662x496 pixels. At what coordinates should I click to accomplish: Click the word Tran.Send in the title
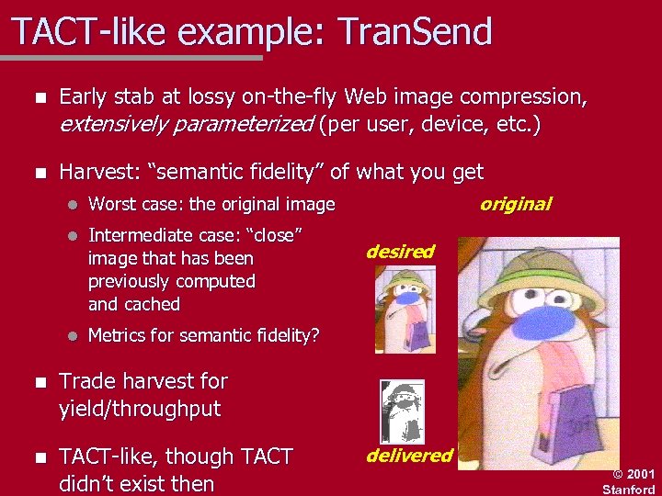point(417,32)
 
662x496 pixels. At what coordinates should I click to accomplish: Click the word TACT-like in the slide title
point(86,32)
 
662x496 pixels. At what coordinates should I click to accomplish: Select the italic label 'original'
point(516,204)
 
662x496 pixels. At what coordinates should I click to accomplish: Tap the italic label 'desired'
point(400,251)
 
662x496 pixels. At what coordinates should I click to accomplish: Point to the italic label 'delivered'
point(409,455)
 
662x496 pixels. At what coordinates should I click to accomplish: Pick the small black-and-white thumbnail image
point(403,411)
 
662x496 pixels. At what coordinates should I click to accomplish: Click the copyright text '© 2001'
point(633,474)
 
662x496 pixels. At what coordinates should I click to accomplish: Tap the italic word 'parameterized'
point(245,124)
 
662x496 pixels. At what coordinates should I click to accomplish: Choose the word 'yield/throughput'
point(140,409)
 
